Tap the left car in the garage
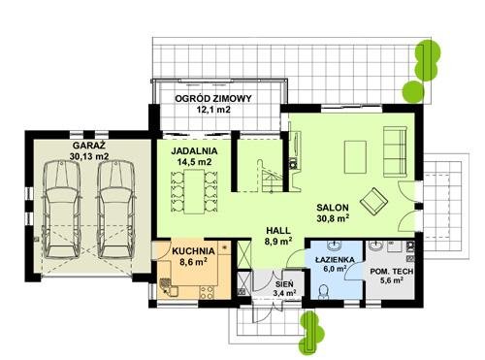[62, 210]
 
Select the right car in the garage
[116, 210]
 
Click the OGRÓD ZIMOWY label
[213, 98]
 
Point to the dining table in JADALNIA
[194, 191]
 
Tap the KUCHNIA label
[193, 251]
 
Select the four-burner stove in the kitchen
[207, 292]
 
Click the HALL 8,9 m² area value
[278, 242]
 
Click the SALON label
[333, 208]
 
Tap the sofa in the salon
[395, 152]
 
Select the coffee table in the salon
[355, 157]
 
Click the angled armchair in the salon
[373, 201]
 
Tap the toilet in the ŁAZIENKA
[323, 292]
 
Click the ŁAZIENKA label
[335, 259]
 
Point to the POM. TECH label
[392, 272]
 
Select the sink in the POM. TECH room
[375, 246]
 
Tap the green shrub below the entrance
[309, 332]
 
